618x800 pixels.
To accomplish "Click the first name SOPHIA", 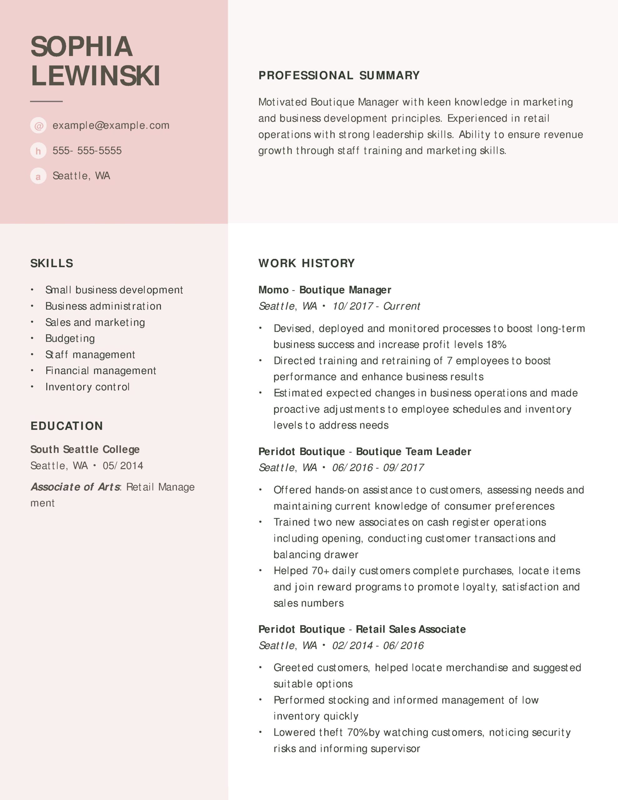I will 81,47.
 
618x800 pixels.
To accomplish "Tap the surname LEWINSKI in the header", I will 95,76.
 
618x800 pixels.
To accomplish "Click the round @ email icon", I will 38,126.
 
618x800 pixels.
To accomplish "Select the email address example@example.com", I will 111,125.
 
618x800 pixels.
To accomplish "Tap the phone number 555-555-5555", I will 87,151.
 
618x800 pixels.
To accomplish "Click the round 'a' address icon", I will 38,176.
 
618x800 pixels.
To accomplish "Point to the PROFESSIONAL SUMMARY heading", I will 339,75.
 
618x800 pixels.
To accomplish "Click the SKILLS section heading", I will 52,263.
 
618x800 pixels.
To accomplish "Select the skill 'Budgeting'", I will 70,338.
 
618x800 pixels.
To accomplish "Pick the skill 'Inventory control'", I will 87,387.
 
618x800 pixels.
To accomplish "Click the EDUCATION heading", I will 67,426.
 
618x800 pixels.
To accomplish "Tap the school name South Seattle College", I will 85,449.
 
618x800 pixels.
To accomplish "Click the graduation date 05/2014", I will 123,466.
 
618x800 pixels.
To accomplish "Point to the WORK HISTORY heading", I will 306,263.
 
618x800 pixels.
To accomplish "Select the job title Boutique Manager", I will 345,290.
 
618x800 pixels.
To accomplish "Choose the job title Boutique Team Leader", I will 413,451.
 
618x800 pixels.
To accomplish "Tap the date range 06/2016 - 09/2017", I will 378,467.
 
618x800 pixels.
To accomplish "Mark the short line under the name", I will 46,101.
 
